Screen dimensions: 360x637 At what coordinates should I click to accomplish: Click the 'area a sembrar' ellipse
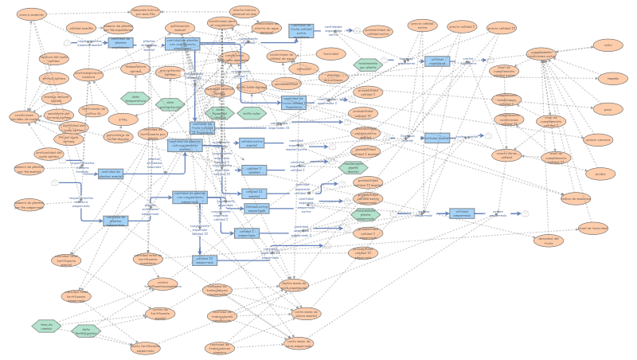tap(32, 14)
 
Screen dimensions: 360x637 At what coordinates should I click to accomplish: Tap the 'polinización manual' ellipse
tap(180, 27)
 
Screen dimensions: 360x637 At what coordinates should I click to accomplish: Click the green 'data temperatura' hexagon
tap(135, 98)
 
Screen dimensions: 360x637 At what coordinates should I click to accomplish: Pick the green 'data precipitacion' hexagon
tap(170, 104)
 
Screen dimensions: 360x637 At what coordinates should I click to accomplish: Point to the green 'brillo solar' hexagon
tap(252, 113)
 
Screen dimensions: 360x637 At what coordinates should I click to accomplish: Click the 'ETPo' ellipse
tap(123, 119)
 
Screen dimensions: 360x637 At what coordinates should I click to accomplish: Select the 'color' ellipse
tap(608, 45)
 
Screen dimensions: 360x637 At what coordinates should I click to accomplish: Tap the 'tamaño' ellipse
tap(612, 78)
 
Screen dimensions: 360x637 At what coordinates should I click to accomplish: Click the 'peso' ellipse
tap(608, 109)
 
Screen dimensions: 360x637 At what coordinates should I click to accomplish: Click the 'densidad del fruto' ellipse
tap(548, 239)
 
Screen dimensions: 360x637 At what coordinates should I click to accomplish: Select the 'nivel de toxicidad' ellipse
tap(593, 228)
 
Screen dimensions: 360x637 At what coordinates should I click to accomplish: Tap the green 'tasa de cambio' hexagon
tap(46, 325)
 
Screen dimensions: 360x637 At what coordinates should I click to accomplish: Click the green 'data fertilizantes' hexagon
tap(86, 330)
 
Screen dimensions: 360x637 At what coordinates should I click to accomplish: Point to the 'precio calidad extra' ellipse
tap(423, 26)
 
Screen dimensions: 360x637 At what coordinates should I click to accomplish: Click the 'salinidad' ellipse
tap(303, 68)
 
